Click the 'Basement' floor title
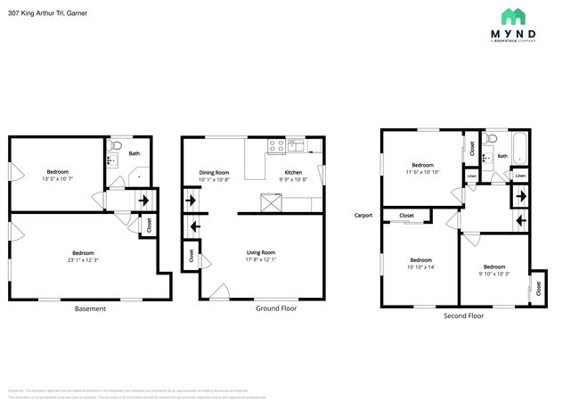[x=90, y=308]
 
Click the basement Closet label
[x=149, y=226]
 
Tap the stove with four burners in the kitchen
[x=276, y=145]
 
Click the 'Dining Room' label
[x=214, y=172]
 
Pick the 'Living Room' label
[x=261, y=252]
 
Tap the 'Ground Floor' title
[x=276, y=308]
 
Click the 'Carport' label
[x=363, y=215]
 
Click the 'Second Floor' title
[x=463, y=316]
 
